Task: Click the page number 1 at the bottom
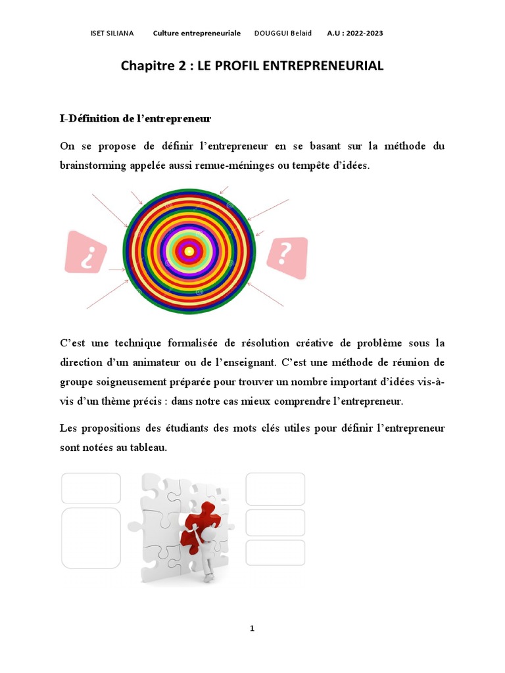252,628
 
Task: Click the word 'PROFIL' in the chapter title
250,66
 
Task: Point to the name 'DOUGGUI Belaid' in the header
283,33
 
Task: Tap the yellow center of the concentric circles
189,250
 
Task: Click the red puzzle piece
201,519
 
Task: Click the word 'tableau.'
149,448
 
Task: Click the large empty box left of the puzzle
91,538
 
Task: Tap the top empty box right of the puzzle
275,489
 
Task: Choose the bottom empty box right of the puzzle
275,553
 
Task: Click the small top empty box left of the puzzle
91,488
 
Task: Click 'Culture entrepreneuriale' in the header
197,33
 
